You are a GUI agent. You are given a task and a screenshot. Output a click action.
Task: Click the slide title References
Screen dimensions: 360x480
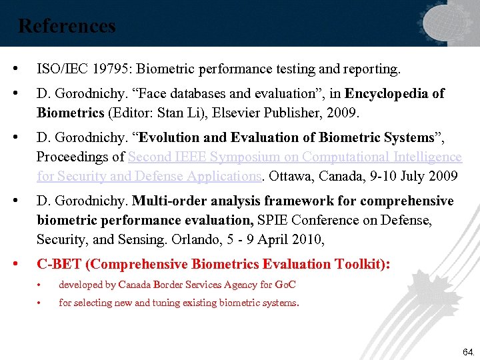[67, 26]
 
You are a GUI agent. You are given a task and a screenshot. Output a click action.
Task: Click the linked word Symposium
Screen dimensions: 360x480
[257, 157]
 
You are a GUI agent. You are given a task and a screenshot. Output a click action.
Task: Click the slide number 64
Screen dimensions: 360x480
[466, 351]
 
